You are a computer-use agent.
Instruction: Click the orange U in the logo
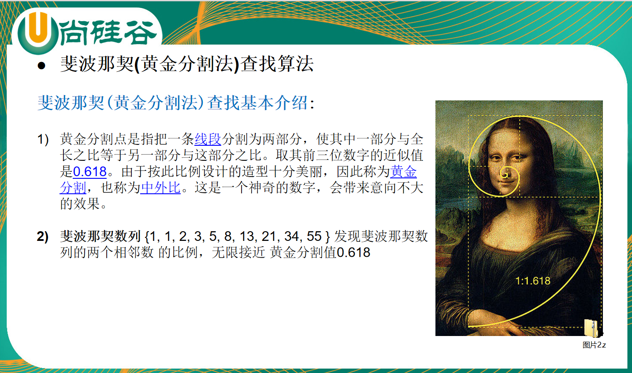point(38,28)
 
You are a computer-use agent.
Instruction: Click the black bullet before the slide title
point(41,66)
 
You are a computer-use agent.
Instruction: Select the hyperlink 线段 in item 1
point(208,139)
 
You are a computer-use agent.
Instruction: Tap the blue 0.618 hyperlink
point(90,171)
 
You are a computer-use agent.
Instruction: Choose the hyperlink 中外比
point(160,188)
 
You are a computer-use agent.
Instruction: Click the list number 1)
point(43,140)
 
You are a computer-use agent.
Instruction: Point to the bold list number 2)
point(43,236)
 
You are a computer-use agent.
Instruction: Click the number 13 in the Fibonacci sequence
point(247,236)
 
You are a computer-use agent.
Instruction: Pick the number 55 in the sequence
point(314,236)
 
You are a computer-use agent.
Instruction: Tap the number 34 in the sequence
point(292,236)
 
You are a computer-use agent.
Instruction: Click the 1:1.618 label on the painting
point(533,281)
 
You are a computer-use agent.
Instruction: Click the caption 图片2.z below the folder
point(594,345)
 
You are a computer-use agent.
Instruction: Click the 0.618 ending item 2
point(353,252)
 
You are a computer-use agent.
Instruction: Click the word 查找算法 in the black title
point(277,64)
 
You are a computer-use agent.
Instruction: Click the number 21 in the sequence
point(269,236)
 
